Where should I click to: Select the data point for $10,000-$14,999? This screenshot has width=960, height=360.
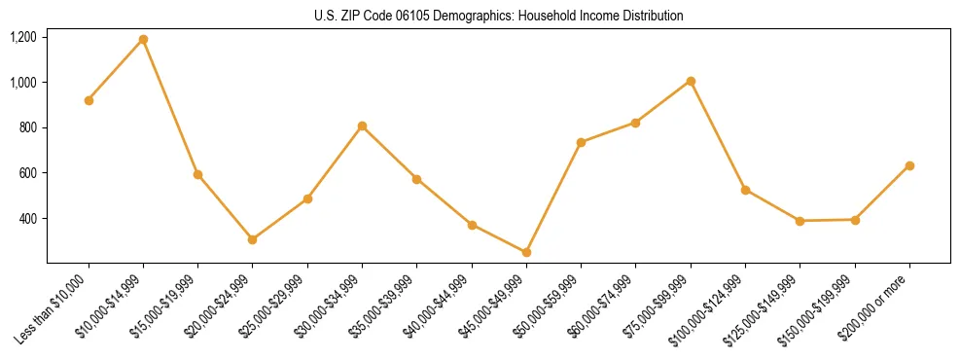coord(143,40)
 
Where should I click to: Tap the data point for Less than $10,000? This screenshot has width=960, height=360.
coord(89,100)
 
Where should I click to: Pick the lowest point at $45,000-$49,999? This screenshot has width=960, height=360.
coord(526,252)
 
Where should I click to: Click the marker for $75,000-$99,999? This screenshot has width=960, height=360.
coord(691,81)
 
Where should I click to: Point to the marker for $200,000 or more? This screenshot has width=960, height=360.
coord(909,165)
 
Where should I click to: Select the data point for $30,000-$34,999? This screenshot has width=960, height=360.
coord(362,126)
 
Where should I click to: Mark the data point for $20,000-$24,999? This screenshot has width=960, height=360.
coord(253,239)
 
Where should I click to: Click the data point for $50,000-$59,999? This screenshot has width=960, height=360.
coord(581,142)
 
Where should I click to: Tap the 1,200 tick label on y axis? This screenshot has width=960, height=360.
coord(23,37)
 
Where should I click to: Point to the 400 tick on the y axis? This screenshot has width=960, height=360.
coord(27,219)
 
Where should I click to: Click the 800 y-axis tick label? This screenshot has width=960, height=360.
coord(27,127)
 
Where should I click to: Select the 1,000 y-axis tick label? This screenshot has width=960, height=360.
coord(23,83)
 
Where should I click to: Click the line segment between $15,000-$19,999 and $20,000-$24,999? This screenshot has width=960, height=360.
coord(226,207)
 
